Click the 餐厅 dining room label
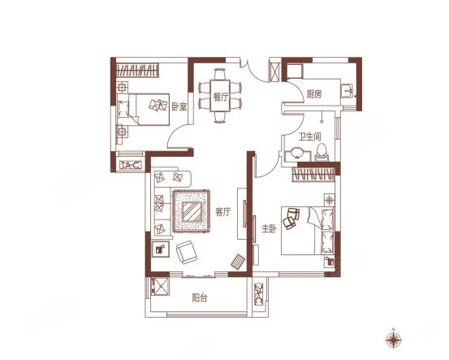coord(220,98)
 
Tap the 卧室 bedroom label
coord(179,106)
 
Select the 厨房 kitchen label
coord(314,94)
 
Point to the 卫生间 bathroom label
coord(310,137)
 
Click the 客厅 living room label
coord(222,212)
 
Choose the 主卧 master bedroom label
coord(270,228)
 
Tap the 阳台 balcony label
coord(200,298)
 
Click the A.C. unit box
coord(131,165)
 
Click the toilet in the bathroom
coord(322,153)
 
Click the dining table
coord(220,96)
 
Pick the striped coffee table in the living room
coord(192,211)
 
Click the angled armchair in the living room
coord(187,252)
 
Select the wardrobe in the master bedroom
coord(313,174)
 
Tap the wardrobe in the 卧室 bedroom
coord(137,70)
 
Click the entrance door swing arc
coord(253,72)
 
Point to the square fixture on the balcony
coord(160,286)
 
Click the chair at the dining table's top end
coord(220,75)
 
